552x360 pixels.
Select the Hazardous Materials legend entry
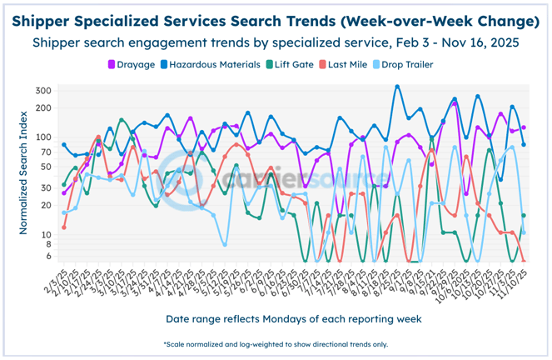tap(208, 64)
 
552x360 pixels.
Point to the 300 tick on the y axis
tap(44, 90)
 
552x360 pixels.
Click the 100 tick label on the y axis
tap(44, 137)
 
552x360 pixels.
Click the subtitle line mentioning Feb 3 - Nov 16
tap(276, 42)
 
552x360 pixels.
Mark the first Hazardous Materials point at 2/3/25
tap(64, 145)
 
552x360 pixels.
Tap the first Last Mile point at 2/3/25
tap(64, 227)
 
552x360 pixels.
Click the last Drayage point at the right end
tap(523, 127)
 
